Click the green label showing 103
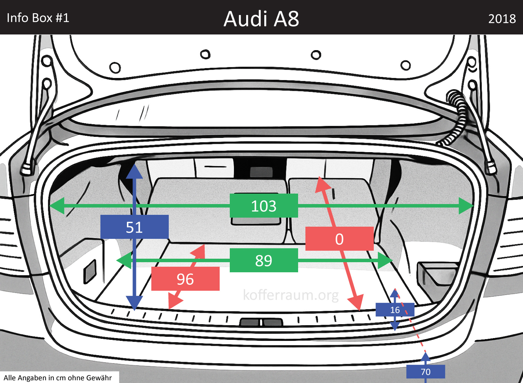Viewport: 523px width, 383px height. [x=264, y=206]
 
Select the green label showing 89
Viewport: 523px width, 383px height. [x=264, y=260]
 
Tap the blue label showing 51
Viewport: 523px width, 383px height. [x=134, y=227]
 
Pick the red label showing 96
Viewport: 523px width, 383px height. [x=185, y=279]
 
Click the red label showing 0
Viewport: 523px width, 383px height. [x=339, y=239]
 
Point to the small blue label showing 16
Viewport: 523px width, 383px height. [x=395, y=310]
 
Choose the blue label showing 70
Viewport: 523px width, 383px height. [x=425, y=372]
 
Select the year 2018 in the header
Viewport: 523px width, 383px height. [x=502, y=19]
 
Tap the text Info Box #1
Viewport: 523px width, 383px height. [x=38, y=18]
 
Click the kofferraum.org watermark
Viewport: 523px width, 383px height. [x=290, y=295]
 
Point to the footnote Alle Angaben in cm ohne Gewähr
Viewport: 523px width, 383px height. [x=58, y=378]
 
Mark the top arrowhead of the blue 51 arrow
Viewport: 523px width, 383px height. [x=134, y=172]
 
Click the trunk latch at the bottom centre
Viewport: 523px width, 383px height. [x=260, y=322]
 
